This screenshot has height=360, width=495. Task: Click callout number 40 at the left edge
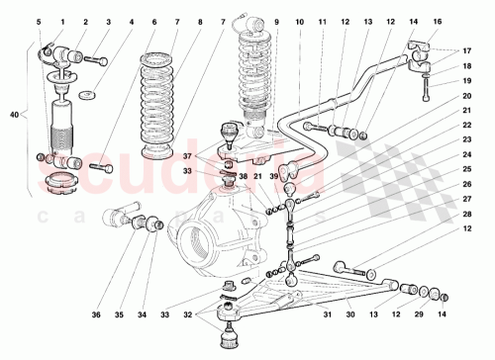click(13, 116)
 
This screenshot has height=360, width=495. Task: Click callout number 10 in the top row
click(300, 21)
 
